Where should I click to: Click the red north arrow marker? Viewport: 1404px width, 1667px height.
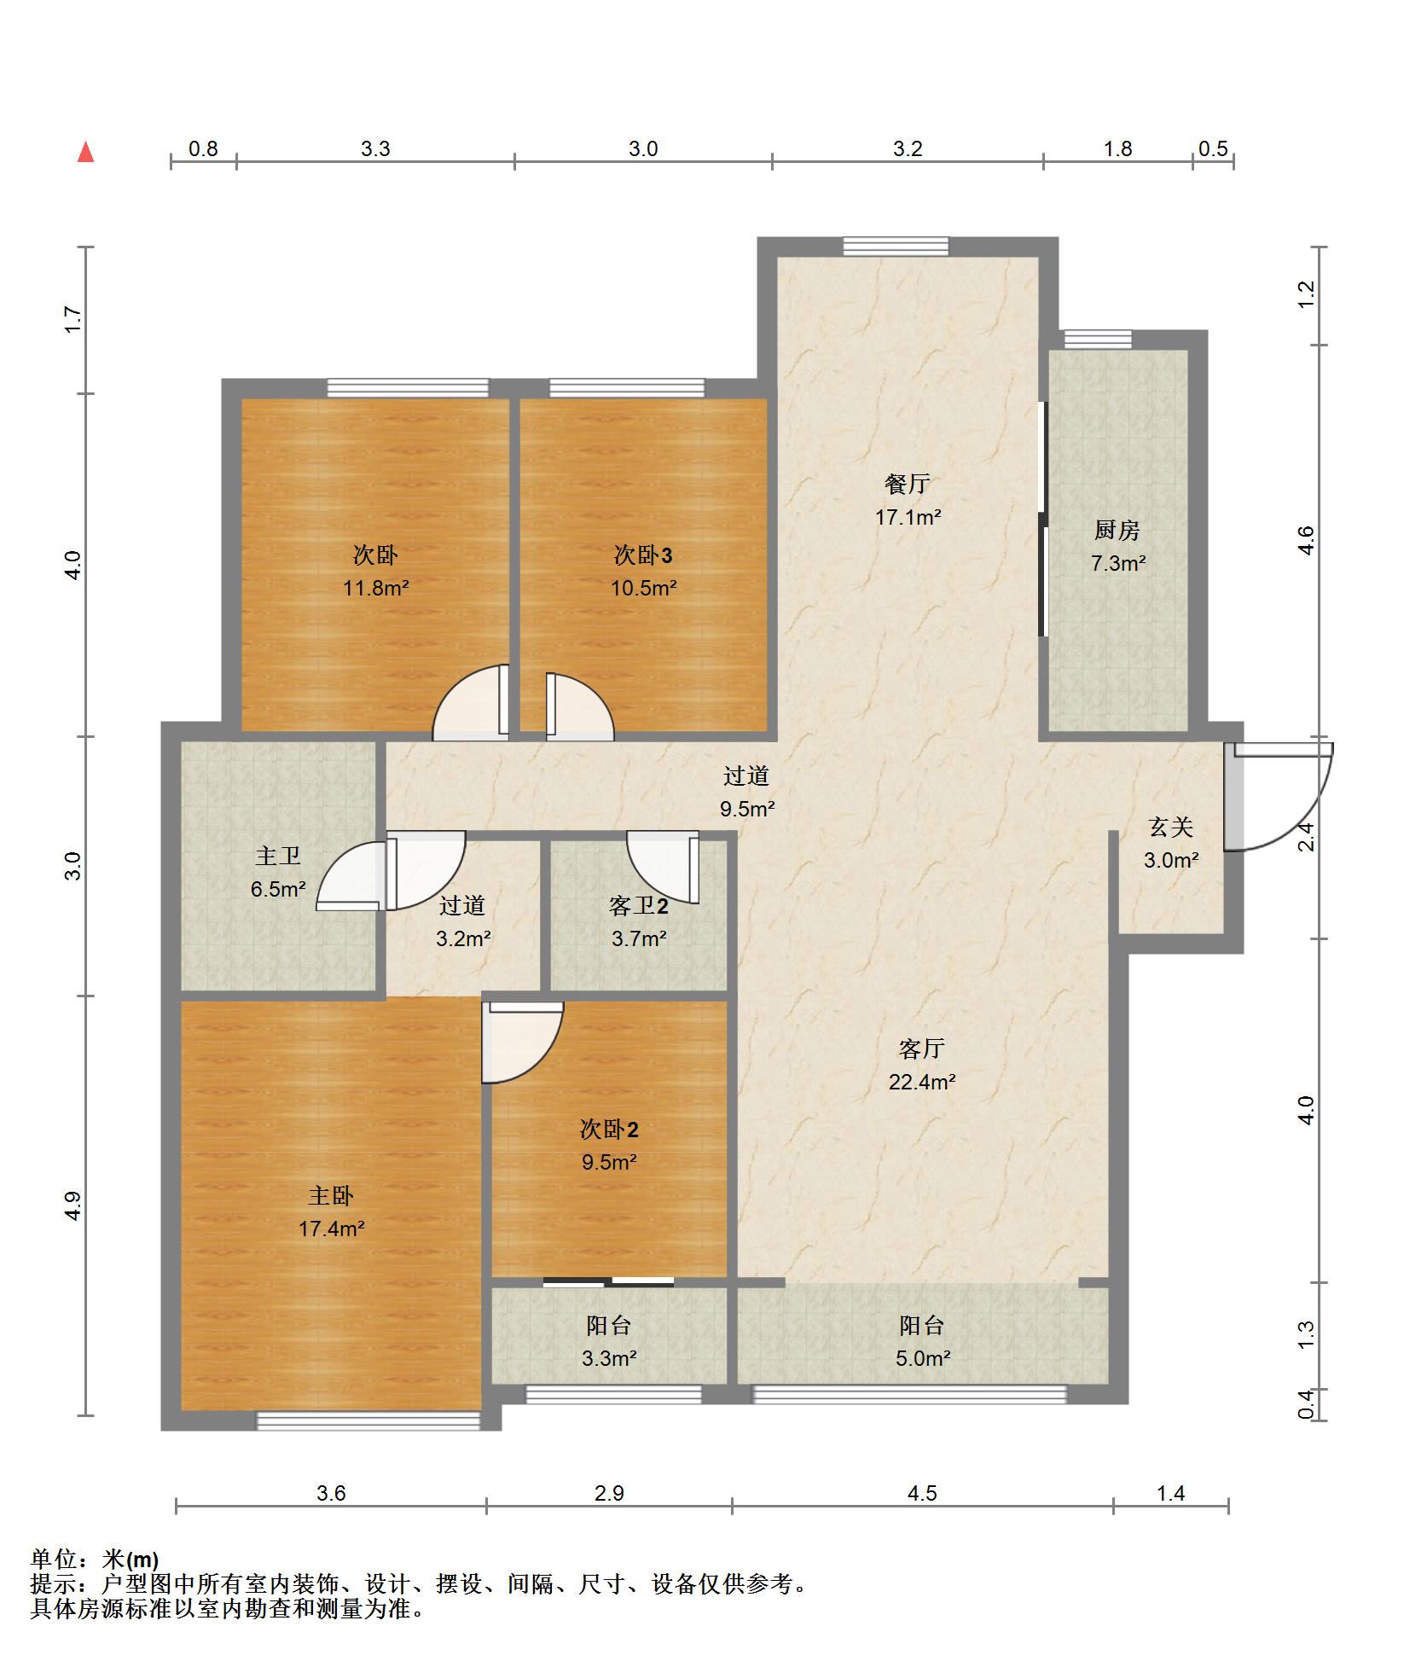pos(85,152)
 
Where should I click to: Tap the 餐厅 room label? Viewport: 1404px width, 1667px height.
pos(907,485)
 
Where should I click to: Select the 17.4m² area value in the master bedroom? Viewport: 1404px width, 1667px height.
pos(331,1228)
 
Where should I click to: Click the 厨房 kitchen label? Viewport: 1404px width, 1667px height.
pos(1117,531)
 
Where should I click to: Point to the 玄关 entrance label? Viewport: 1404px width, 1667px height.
pos(1170,828)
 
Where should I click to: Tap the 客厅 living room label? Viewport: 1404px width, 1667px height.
pos(921,1048)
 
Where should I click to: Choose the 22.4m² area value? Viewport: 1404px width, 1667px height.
pos(922,1082)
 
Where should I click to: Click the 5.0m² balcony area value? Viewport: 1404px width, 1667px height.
pos(922,1358)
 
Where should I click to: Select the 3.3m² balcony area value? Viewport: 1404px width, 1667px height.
pos(609,1358)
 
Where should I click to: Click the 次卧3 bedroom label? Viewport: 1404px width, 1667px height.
pos(643,555)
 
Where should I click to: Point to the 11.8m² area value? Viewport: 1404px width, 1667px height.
pos(375,588)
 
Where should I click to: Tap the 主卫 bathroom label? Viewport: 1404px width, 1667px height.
pos(278,856)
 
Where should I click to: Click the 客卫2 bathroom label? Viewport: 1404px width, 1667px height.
pos(638,905)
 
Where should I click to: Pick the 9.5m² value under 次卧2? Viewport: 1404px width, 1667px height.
pos(609,1162)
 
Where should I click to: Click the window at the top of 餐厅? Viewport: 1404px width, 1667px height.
pos(896,246)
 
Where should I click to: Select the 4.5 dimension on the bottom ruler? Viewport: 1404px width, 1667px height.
pos(922,1493)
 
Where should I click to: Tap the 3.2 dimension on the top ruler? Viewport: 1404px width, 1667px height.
pos(908,148)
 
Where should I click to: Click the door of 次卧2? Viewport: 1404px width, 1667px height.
pos(522,1042)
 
